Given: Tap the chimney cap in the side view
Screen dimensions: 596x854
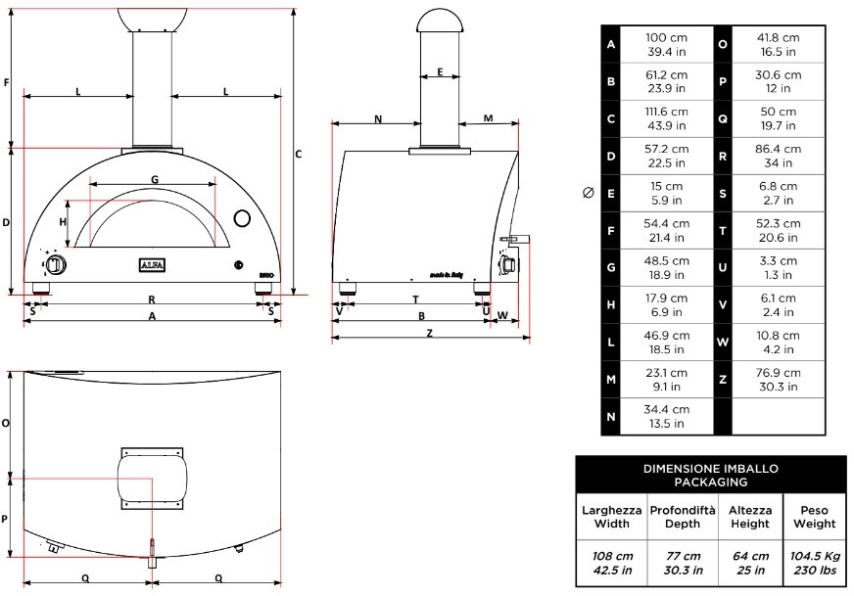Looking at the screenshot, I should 441,19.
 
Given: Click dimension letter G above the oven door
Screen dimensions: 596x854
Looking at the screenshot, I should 155,179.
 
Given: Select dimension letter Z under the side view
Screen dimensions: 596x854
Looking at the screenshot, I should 429,333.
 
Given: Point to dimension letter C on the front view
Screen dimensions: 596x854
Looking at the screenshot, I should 299,154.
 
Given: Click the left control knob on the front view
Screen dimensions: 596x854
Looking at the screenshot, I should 56,265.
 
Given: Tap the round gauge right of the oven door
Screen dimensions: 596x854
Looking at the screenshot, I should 242,216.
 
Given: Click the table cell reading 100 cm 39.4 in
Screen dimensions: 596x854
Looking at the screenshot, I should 666,44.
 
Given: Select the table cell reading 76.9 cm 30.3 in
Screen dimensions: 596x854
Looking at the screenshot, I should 779,380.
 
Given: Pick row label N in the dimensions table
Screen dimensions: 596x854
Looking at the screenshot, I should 611,417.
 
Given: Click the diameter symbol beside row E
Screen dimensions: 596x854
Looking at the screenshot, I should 588,194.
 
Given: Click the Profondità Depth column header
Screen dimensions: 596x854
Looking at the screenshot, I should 682,518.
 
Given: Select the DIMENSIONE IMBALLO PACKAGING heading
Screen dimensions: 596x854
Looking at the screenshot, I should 710,475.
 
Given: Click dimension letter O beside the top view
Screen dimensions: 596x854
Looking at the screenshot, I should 7,423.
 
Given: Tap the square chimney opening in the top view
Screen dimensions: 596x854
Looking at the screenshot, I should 151,479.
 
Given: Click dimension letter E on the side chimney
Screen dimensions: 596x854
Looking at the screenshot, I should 441,72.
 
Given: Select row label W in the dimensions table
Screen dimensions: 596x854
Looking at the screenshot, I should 722,343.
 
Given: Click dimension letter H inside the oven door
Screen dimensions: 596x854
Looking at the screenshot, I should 63,222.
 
